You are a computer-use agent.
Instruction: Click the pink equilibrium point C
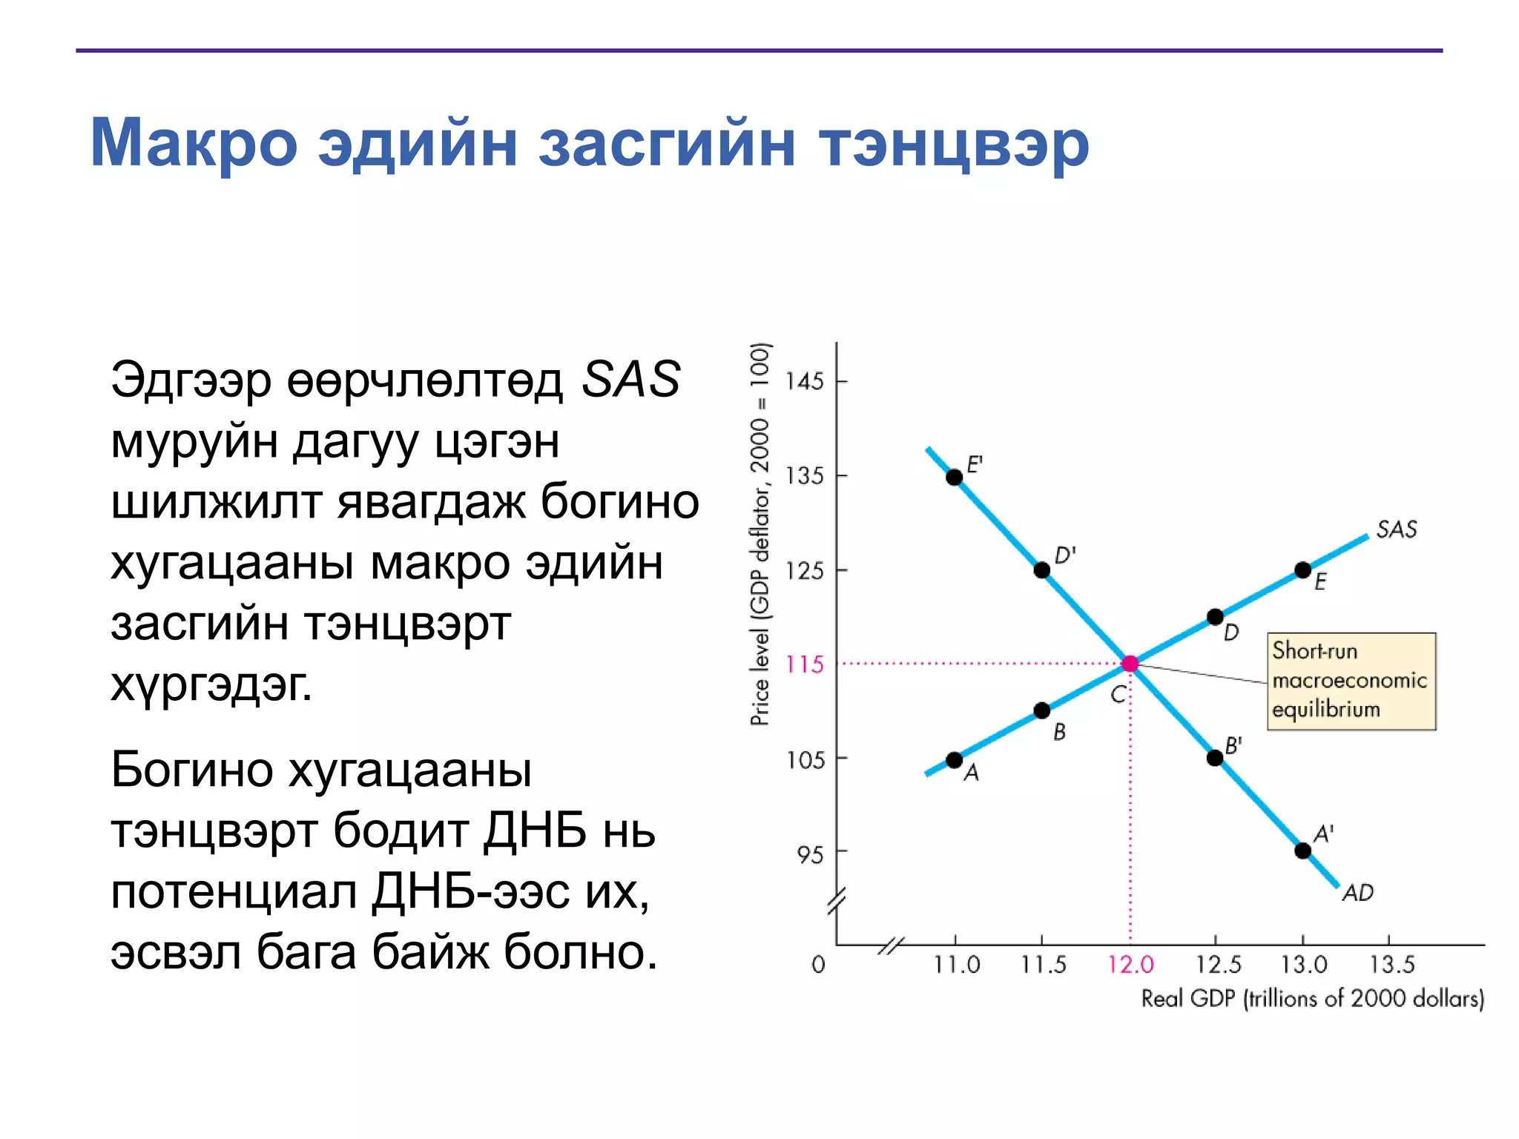tap(1130, 664)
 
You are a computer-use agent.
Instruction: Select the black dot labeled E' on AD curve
tap(955, 477)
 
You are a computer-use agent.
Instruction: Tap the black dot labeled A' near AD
tap(1302, 851)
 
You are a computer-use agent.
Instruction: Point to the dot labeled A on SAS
tap(955, 760)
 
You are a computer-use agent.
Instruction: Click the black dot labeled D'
tap(1042, 569)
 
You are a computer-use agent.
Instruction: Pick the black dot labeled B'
tap(1215, 757)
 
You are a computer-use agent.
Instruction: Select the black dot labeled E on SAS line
tap(1302, 569)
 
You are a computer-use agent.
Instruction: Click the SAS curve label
tap(1396, 529)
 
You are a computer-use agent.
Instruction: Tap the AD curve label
tap(1358, 893)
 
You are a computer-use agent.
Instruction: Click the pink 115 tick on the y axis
tap(805, 664)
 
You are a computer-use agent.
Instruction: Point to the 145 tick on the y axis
tap(805, 381)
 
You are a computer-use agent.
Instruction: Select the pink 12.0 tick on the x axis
tap(1130, 965)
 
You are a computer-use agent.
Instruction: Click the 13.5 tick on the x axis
tap(1391, 965)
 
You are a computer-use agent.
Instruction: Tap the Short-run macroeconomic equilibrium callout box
tap(1351, 681)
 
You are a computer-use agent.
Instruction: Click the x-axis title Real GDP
tap(1311, 999)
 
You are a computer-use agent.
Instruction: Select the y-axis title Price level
tap(759, 534)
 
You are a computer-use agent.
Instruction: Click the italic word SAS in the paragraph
tap(630, 379)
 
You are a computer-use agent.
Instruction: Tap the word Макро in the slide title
tap(194, 142)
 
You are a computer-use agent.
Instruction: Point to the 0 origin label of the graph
tap(818, 965)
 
